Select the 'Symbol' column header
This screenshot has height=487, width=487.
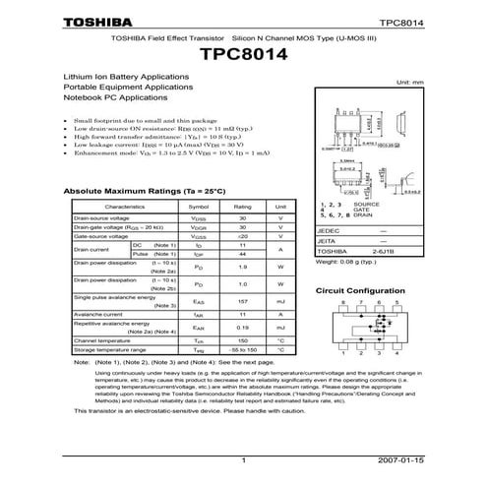pos(198,208)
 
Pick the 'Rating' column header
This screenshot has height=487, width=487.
pos(242,208)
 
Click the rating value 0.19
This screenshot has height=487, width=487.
pos(242,327)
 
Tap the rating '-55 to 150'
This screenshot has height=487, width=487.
pos(242,349)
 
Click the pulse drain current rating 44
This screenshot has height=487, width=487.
pos(242,254)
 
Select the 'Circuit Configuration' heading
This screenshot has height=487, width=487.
pos(361,292)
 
